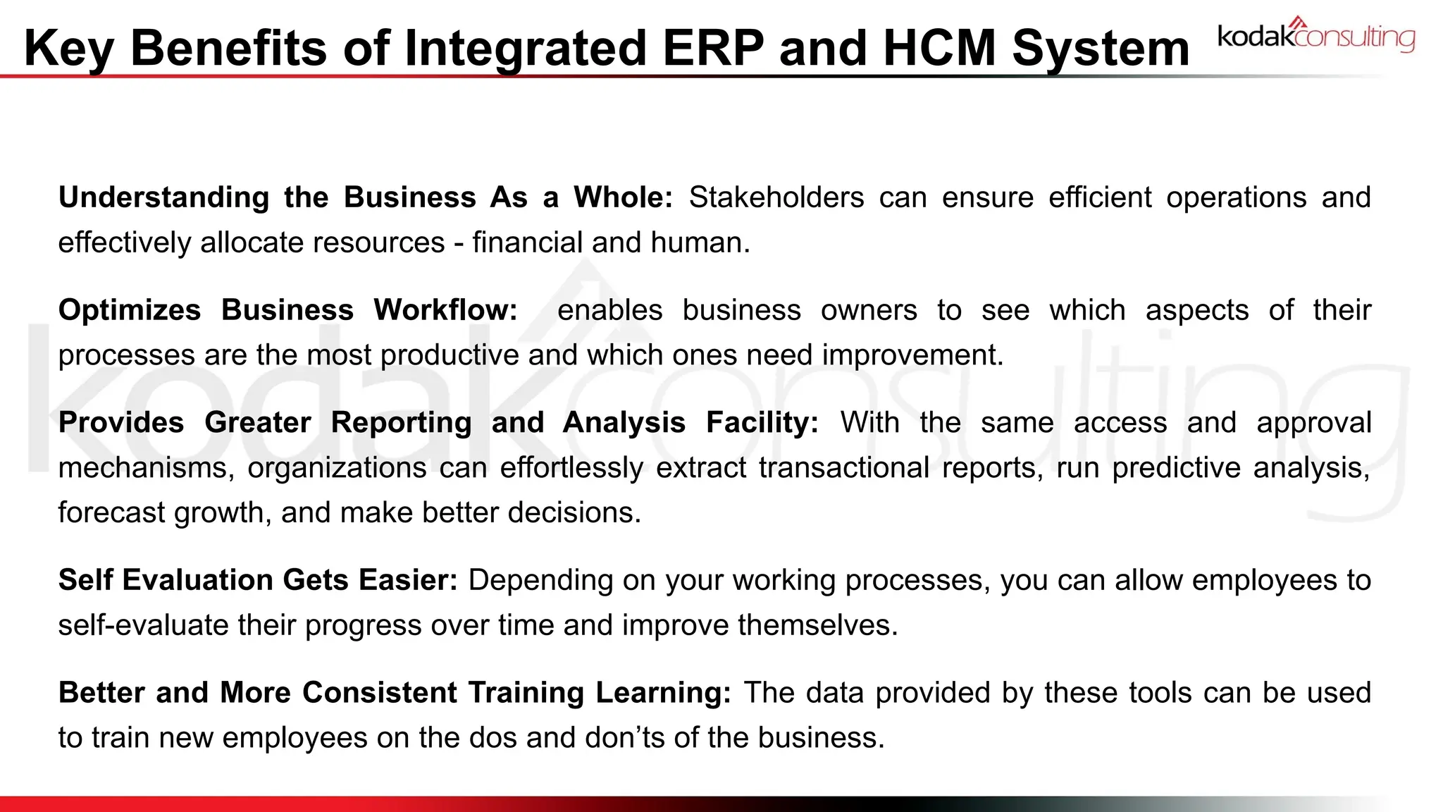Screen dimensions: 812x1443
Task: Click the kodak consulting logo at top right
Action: point(1315,36)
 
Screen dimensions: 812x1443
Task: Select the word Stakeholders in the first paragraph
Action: point(776,197)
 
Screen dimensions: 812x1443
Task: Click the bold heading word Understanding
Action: point(163,197)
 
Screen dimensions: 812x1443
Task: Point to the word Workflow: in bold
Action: point(445,310)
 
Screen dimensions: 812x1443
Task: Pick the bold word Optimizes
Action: point(130,310)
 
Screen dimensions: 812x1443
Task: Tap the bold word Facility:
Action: point(762,423)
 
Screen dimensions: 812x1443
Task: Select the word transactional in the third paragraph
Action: point(843,468)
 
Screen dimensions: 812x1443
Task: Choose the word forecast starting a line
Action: point(111,513)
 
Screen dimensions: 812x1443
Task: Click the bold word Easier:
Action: point(408,580)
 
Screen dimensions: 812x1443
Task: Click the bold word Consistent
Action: point(380,693)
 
